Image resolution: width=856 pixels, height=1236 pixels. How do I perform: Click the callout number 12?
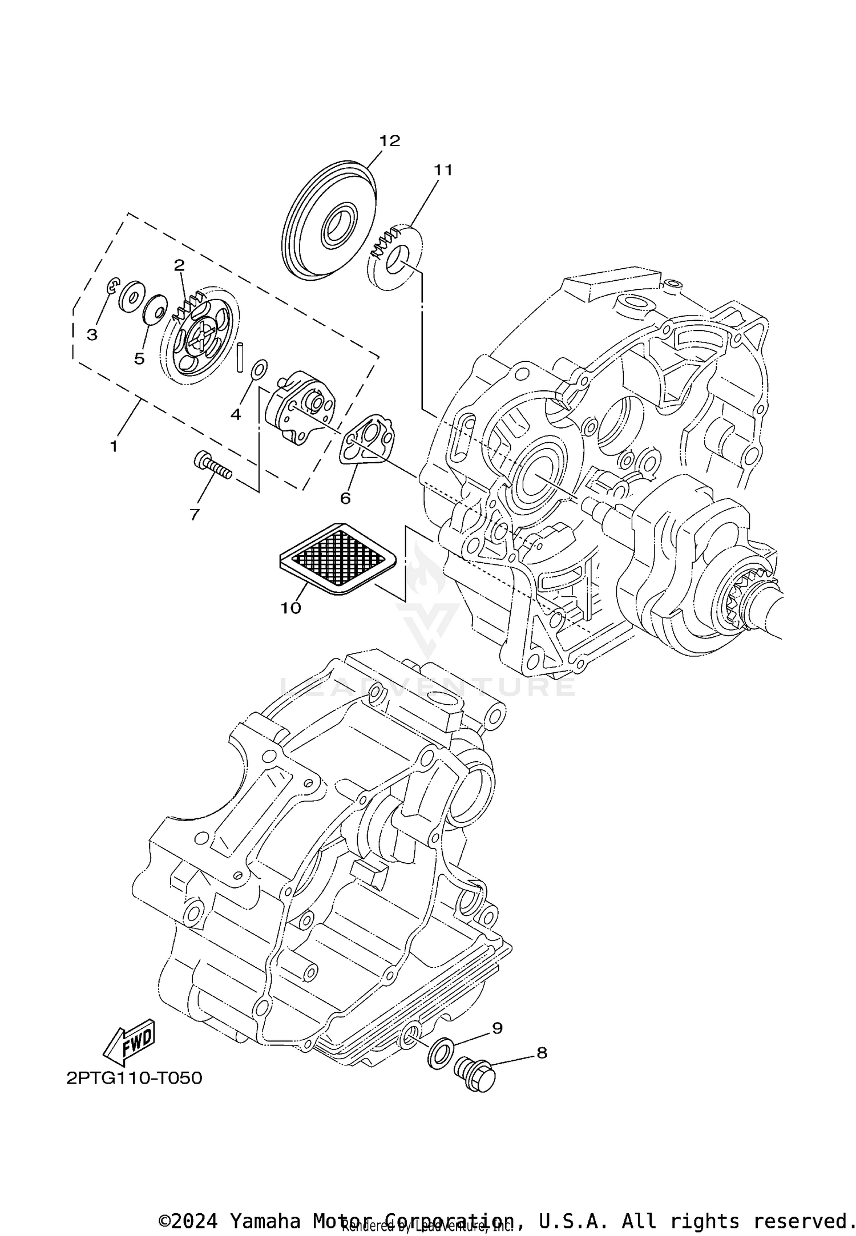390,140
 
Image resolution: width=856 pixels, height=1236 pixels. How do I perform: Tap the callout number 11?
442,170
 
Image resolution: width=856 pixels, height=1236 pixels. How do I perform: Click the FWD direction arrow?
130,1043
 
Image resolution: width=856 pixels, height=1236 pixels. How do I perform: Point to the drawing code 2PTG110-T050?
135,1079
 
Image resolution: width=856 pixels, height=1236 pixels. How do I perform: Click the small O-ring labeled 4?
259,369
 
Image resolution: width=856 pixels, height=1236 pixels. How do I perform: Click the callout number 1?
114,446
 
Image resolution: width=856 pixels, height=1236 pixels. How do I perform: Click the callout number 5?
139,358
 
